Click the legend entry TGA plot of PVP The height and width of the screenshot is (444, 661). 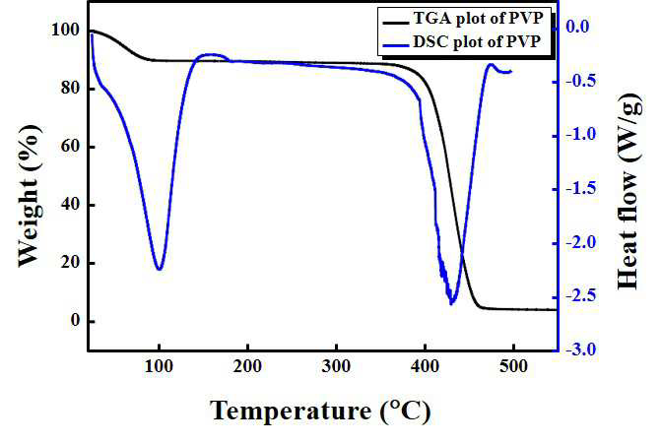tap(478, 18)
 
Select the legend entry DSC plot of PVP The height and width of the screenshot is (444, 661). tap(477, 41)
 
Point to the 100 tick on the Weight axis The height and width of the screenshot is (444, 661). tap(65, 30)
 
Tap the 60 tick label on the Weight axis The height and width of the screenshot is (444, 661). tap(70, 147)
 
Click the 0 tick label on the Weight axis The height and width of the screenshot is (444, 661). tap(75, 321)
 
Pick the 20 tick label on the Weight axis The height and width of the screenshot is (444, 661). tap(70, 263)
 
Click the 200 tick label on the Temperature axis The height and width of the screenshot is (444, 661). tap(247, 366)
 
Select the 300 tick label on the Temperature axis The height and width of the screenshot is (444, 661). tap(336, 366)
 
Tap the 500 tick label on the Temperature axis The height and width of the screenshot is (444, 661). tap(513, 366)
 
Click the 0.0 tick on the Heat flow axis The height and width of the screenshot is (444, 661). tap(577, 27)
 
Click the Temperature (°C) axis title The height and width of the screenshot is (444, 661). tap(320, 411)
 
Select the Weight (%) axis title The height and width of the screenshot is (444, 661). tap(30, 196)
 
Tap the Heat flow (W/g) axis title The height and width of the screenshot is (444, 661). tap(629, 192)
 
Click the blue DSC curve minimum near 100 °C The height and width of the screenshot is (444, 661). tap(159, 269)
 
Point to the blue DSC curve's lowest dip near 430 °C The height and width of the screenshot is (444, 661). tap(451, 303)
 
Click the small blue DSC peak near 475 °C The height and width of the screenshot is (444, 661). tap(491, 64)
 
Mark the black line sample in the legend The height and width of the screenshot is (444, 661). tap(395, 21)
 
